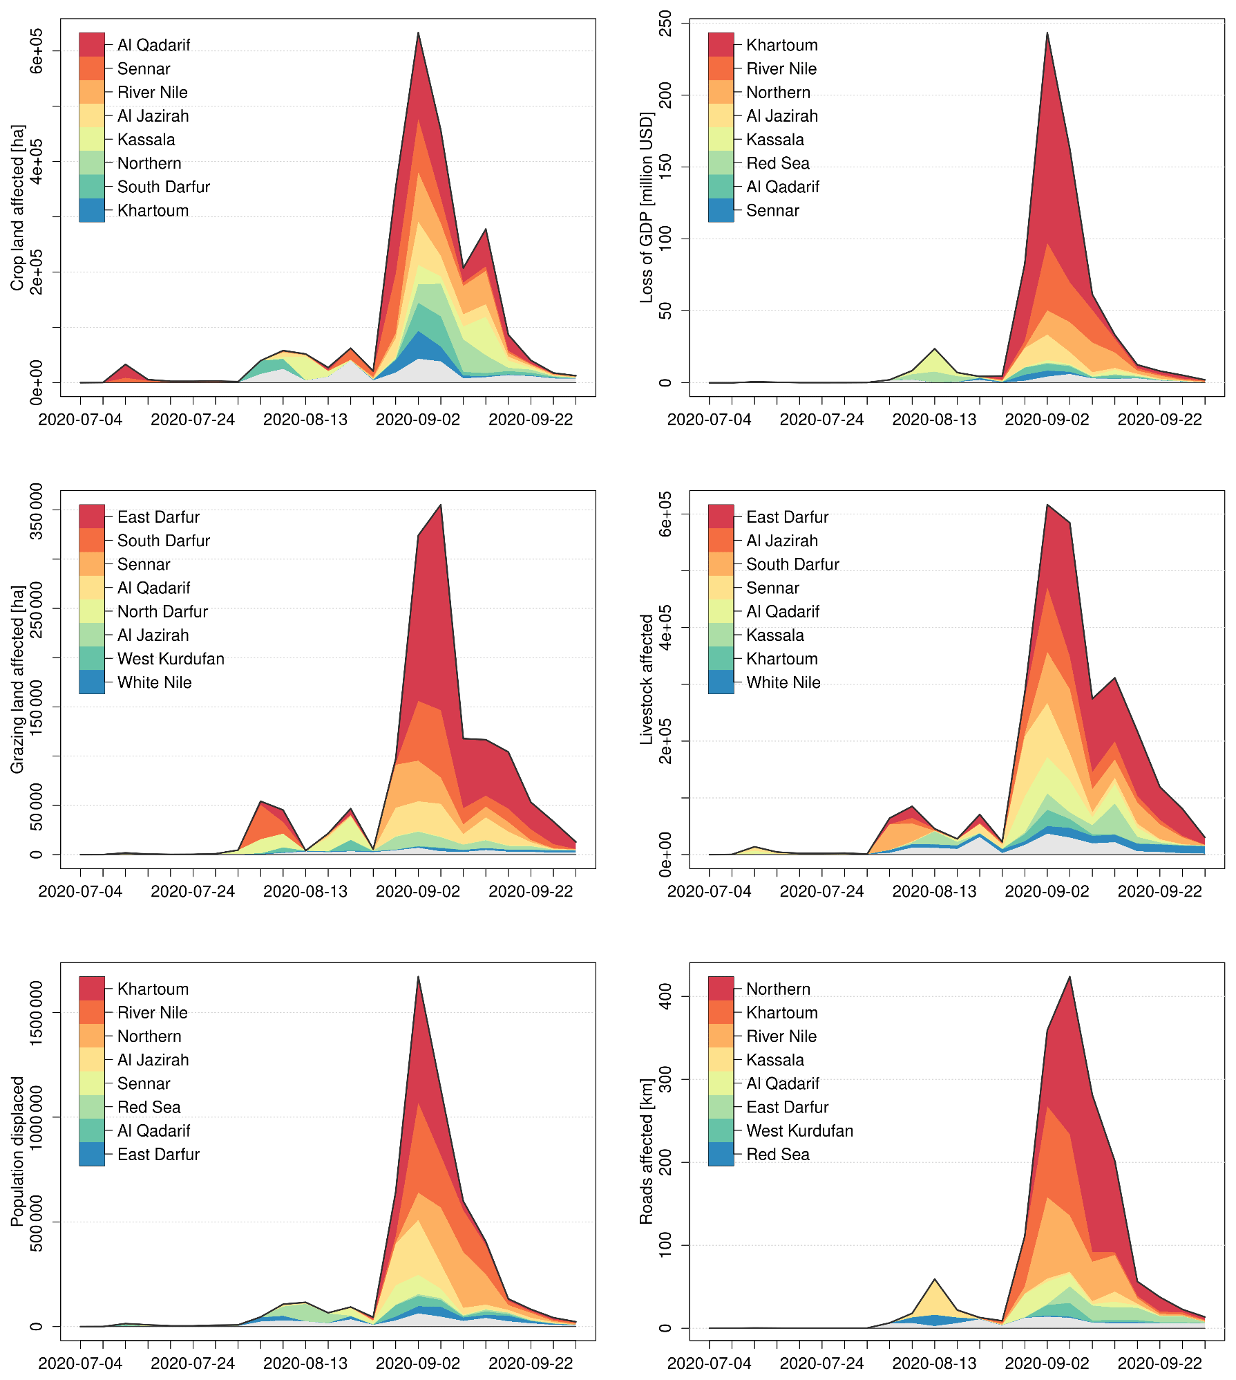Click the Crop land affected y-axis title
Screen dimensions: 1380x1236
(x=18, y=207)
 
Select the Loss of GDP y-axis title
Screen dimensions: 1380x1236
(x=647, y=207)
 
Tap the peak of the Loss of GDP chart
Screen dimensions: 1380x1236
(x=1047, y=33)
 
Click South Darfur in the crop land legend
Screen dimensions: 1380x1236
(x=163, y=187)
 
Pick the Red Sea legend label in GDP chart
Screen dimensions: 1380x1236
(x=777, y=163)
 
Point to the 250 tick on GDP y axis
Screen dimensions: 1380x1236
(x=665, y=23)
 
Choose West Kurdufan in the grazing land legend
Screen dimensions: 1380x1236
(x=171, y=659)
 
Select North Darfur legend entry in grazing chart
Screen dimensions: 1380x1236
(x=162, y=612)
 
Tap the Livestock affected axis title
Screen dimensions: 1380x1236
(x=647, y=679)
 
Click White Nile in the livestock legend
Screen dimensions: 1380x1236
(x=783, y=682)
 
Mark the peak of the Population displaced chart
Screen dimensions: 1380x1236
(x=418, y=977)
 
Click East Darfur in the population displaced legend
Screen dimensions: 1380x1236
(x=158, y=1155)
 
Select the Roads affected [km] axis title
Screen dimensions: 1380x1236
(x=647, y=1151)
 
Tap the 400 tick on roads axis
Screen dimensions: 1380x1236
(x=665, y=996)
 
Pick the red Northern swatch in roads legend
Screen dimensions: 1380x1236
(x=721, y=989)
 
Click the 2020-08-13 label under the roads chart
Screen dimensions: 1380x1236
(x=934, y=1363)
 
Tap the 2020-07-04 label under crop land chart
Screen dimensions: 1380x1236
(x=80, y=420)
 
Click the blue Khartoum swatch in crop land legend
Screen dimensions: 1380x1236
(x=92, y=210)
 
